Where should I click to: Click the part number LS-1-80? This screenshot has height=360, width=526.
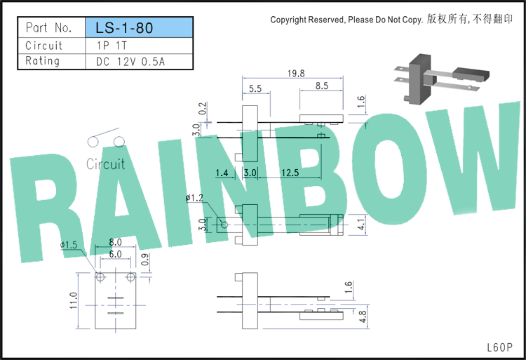[124, 28]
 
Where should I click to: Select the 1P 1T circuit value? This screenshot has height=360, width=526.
[112, 46]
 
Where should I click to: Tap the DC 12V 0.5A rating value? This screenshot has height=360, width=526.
[130, 61]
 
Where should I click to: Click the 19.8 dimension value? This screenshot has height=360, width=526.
[296, 74]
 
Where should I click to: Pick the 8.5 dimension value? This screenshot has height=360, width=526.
[321, 86]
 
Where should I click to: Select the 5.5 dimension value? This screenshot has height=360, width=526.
[255, 88]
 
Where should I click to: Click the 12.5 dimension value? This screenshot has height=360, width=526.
[290, 173]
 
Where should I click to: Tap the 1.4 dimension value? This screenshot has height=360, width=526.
[222, 173]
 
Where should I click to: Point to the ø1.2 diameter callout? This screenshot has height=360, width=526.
[194, 198]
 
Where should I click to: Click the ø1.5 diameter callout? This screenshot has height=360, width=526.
[69, 245]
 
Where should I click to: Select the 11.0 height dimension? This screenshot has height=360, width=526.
[74, 300]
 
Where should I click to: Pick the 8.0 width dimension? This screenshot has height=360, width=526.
[115, 242]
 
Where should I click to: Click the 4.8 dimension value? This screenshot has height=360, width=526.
[363, 316]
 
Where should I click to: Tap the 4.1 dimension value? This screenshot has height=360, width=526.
[360, 224]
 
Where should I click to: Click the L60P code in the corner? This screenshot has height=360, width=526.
[500, 347]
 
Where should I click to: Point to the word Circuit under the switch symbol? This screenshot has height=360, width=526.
[106, 164]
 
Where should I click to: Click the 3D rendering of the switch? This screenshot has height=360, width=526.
[441, 79]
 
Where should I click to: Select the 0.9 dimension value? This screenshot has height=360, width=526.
[145, 260]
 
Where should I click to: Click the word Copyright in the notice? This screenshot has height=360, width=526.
[288, 20]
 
